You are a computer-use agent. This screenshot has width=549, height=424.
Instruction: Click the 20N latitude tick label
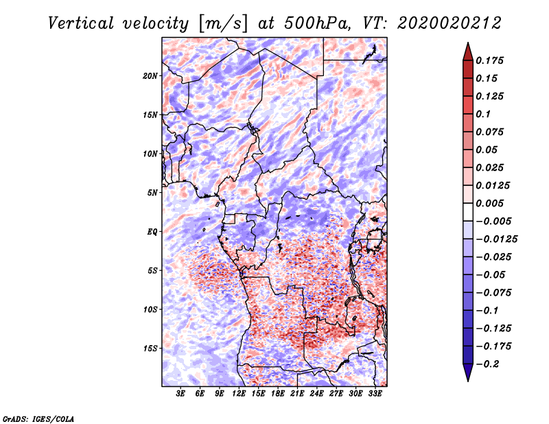pos(150,75)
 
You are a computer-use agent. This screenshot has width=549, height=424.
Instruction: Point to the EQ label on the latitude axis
pos(152,232)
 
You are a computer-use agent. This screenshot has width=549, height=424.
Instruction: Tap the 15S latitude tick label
pos(150,349)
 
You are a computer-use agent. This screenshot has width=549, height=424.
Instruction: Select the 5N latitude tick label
pos(152,193)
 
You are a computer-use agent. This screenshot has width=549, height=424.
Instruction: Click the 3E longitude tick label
pos(181,394)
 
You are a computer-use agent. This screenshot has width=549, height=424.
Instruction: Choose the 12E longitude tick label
pos(240,394)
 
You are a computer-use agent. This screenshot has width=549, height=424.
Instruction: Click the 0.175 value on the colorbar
pos(491,60)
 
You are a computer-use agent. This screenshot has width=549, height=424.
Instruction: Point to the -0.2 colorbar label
pos(489,364)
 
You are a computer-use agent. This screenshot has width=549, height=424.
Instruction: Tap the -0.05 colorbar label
pos(491,274)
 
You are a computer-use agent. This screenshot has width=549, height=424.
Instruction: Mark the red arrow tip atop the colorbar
pos(467,47)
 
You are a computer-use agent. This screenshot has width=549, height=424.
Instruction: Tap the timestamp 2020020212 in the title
pos(444,23)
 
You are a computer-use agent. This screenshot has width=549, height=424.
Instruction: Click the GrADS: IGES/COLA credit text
pos(38,418)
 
